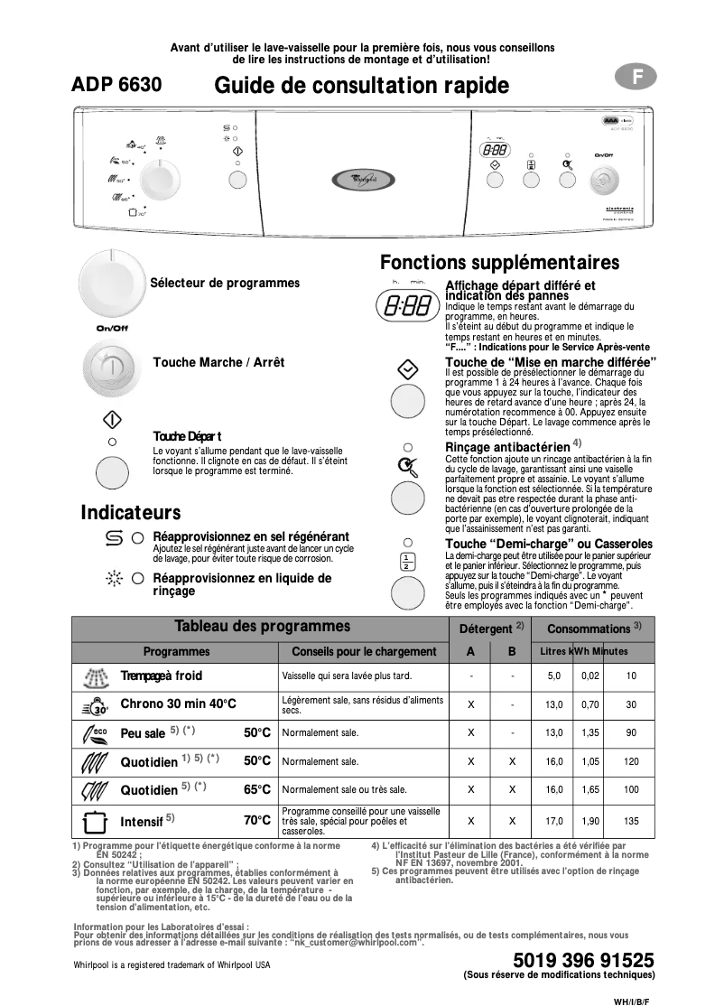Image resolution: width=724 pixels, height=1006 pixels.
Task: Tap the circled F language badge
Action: point(637,78)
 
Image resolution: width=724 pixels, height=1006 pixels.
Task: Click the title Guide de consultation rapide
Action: point(361,86)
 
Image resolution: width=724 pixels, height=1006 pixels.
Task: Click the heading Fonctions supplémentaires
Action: point(499,263)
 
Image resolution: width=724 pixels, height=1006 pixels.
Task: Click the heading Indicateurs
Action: point(131,513)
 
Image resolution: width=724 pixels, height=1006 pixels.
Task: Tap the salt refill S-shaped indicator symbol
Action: point(113,538)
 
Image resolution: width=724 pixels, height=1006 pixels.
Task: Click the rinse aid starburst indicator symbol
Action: point(113,578)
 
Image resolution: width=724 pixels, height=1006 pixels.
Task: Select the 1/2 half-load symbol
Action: point(407,560)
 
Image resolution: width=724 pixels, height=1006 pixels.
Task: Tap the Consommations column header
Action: point(595,629)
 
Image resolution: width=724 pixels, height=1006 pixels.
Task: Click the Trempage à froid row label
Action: point(162,675)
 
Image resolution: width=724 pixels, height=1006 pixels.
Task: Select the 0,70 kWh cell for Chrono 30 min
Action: point(590,704)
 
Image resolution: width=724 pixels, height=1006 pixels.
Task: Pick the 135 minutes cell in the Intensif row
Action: point(631,821)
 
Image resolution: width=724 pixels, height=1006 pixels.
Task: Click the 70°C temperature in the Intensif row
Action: point(257,821)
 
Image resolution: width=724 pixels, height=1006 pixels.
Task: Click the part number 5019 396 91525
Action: point(582,960)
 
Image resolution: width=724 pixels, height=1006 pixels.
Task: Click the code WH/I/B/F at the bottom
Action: point(631,999)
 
